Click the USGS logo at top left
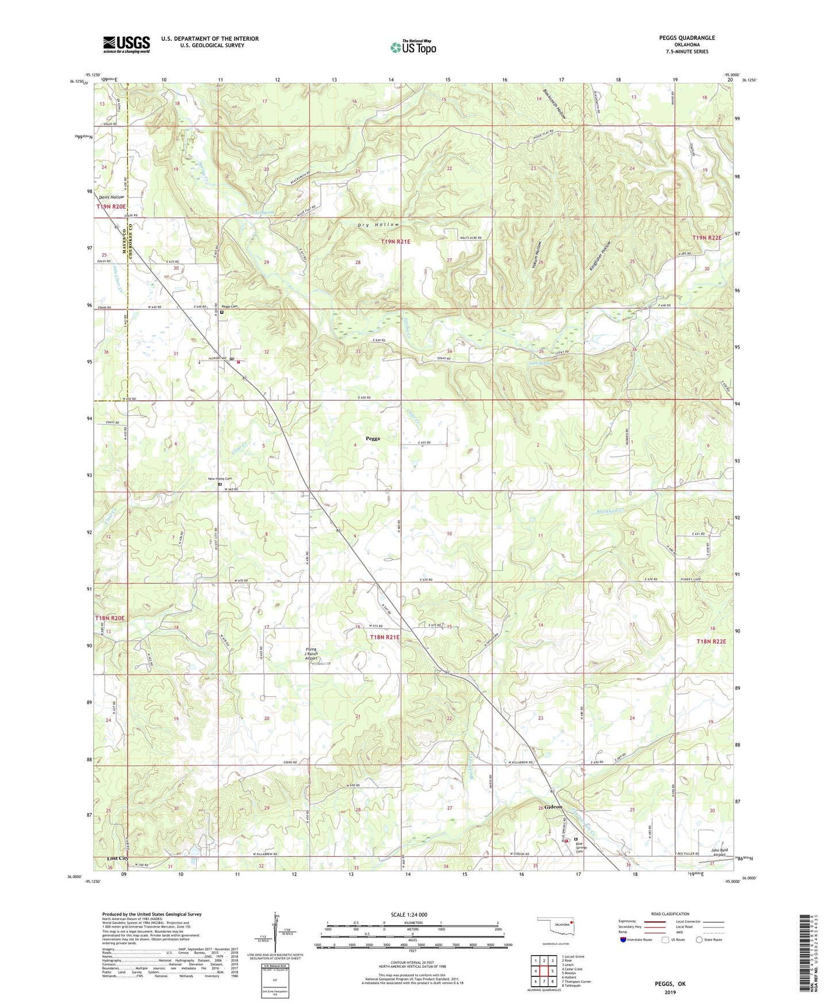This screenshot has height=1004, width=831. click(x=127, y=44)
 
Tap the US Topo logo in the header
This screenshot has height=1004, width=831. click(x=412, y=47)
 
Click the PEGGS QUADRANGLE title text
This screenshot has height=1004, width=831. click(x=687, y=38)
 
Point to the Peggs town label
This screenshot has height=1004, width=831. click(x=372, y=438)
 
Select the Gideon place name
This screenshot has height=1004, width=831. click(x=553, y=807)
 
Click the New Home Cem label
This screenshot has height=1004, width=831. click(x=220, y=478)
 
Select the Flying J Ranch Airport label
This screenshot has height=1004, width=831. click(x=311, y=654)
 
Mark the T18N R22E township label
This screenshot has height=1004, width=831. click(x=711, y=641)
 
